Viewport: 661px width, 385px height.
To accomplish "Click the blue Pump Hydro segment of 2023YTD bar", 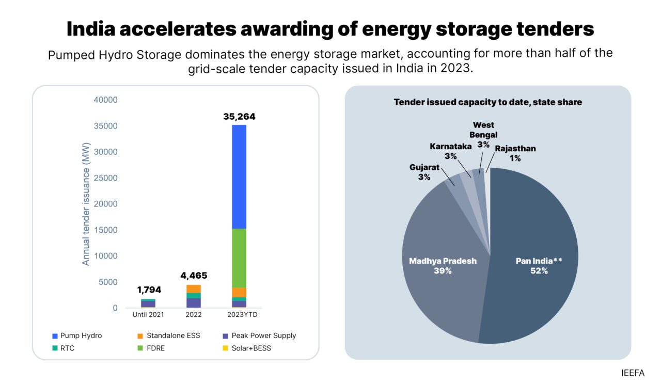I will [x=239, y=177].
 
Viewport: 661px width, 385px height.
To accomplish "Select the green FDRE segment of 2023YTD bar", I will [x=239, y=258].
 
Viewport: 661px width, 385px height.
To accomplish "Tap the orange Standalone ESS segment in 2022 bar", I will [x=194, y=288].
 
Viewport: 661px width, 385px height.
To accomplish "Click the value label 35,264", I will [x=239, y=117].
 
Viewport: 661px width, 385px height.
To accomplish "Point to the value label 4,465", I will [x=194, y=276].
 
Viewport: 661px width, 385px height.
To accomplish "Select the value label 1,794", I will [x=149, y=290].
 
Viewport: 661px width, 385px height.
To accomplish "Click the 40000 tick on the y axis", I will [x=105, y=100].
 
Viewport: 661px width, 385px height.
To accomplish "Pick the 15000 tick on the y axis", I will [x=105, y=230].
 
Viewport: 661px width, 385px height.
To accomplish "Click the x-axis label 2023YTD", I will [x=239, y=314].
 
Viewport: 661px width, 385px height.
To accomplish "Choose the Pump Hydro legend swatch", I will [x=55, y=336].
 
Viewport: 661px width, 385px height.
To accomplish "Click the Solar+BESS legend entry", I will [x=251, y=348].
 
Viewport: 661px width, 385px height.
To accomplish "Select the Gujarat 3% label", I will [x=423, y=172].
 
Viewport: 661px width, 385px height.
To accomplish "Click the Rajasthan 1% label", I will [x=515, y=153].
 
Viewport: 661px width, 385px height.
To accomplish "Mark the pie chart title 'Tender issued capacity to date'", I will [x=487, y=102].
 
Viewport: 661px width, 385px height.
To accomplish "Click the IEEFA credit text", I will [x=633, y=373].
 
